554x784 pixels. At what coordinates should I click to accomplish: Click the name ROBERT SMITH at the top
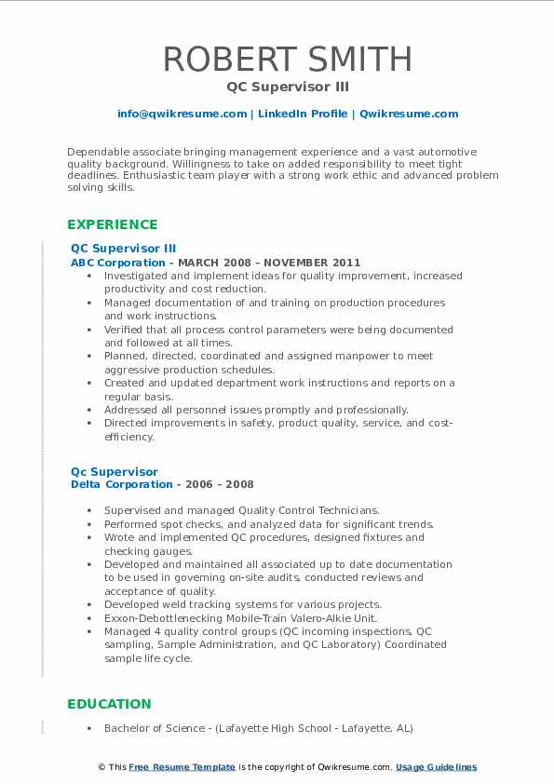[287, 60]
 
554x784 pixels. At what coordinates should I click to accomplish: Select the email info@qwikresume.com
[182, 114]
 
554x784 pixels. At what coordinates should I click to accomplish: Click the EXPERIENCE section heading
[113, 224]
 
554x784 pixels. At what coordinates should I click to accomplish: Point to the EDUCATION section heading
[109, 704]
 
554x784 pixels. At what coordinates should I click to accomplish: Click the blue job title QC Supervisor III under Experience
[123, 249]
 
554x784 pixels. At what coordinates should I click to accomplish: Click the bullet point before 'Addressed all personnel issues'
[88, 410]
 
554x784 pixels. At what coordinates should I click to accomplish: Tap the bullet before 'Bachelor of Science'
[88, 728]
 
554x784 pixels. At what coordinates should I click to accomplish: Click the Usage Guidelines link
[436, 767]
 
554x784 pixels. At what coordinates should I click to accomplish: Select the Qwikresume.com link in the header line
[410, 114]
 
